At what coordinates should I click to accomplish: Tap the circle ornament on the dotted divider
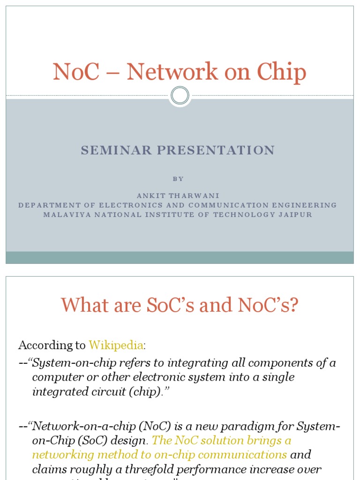pos(180,96)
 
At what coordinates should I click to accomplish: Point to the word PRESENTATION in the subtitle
pos(215,150)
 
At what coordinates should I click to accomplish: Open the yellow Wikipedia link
pos(116,345)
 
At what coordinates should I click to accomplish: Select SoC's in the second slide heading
pos(161,306)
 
